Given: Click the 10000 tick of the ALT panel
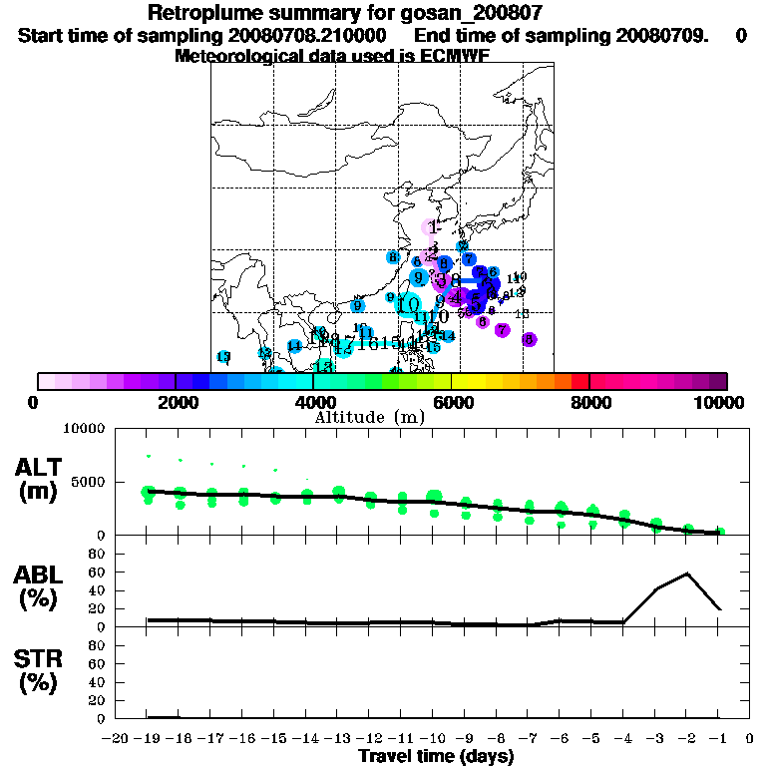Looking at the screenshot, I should click(84, 429).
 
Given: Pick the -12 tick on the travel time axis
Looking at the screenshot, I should click(371, 739).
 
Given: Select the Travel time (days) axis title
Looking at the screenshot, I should click(436, 756).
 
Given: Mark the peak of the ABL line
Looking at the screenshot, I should click(687, 573).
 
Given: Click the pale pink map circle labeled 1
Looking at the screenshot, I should click(432, 227).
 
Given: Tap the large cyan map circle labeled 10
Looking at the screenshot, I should click(407, 304).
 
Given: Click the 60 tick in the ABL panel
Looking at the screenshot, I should click(98, 572).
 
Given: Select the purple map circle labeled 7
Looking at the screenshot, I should click(502, 330).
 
